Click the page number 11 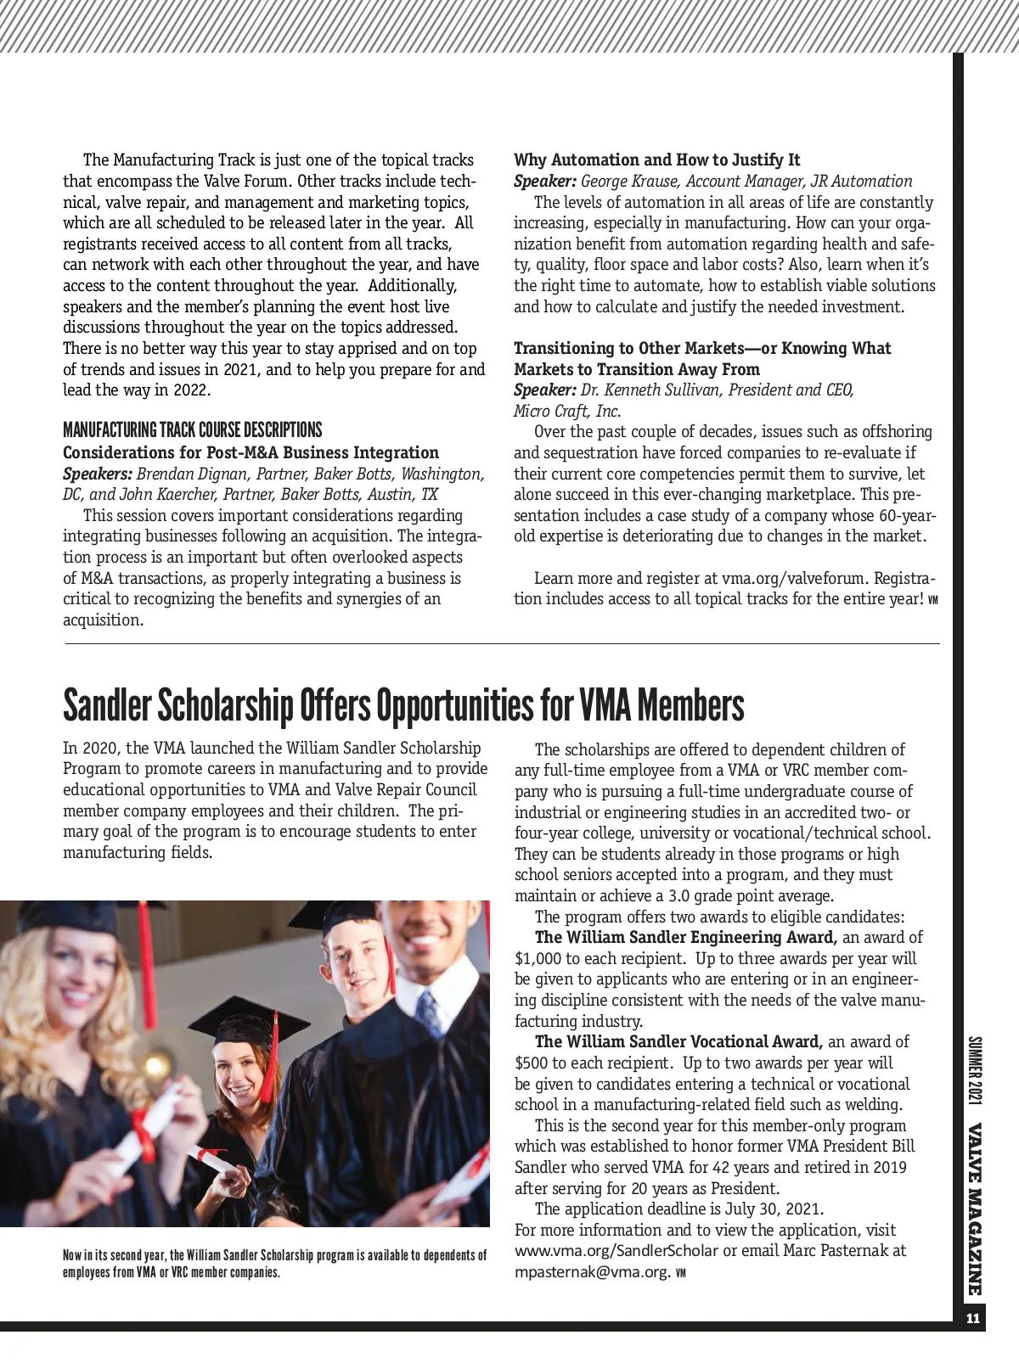tap(972, 1318)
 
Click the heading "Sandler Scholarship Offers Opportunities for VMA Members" tap(403, 704)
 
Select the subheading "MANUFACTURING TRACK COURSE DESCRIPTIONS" tap(193, 429)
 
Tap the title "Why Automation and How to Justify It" tap(656, 160)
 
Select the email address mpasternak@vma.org tap(592, 1271)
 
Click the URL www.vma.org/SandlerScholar tap(616, 1251)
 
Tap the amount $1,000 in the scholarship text tap(538, 958)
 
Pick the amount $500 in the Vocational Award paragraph tap(531, 1063)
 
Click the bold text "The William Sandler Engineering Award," tap(686, 938)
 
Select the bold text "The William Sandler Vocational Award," tap(678, 1041)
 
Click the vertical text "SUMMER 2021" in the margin tap(973, 1070)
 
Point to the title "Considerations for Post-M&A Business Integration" tap(251, 452)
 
